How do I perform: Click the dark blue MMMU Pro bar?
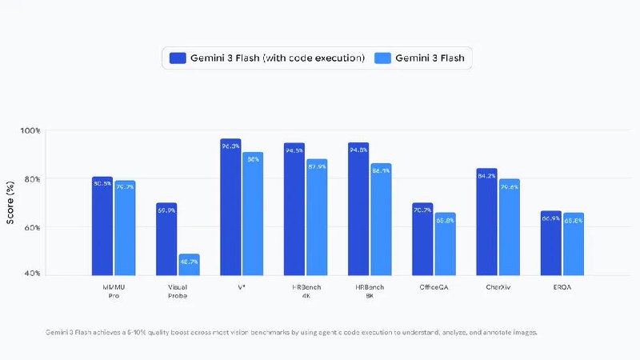click(x=102, y=226)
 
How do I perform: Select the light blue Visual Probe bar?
click(x=189, y=264)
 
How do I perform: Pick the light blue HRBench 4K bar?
click(x=317, y=216)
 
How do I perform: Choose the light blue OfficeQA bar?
click(x=445, y=243)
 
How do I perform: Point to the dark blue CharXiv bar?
click(x=486, y=222)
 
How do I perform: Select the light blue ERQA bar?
click(x=573, y=243)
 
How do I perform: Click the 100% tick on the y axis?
click(x=30, y=130)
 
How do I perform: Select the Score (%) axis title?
click(x=10, y=202)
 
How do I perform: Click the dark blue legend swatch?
click(x=178, y=58)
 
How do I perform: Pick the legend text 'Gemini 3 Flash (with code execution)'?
click(x=278, y=58)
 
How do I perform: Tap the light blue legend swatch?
click(x=384, y=58)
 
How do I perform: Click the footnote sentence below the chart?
click(x=291, y=331)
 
